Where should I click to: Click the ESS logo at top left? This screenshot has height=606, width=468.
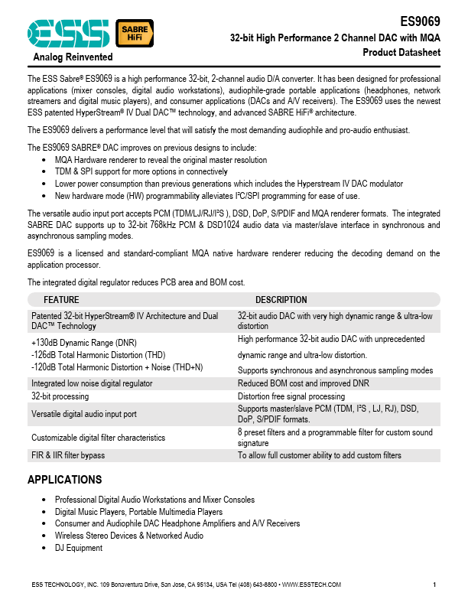point(68,32)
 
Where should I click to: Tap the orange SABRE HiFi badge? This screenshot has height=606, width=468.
point(133,31)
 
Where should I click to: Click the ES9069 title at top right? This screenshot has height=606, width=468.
point(421,22)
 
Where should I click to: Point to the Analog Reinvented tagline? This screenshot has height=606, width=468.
point(73,57)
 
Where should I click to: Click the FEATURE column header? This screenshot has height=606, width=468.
point(61,300)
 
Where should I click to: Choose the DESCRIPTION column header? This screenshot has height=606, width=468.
point(281,300)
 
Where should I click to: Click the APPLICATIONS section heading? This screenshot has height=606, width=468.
point(64,480)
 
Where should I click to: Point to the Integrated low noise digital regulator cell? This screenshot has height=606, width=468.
point(91,383)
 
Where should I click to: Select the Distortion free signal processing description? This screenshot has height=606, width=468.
point(291,396)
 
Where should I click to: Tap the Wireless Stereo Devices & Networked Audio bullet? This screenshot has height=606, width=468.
point(128,536)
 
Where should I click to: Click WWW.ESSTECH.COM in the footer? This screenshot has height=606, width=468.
point(311,585)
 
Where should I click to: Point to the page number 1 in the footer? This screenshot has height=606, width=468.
point(434,585)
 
